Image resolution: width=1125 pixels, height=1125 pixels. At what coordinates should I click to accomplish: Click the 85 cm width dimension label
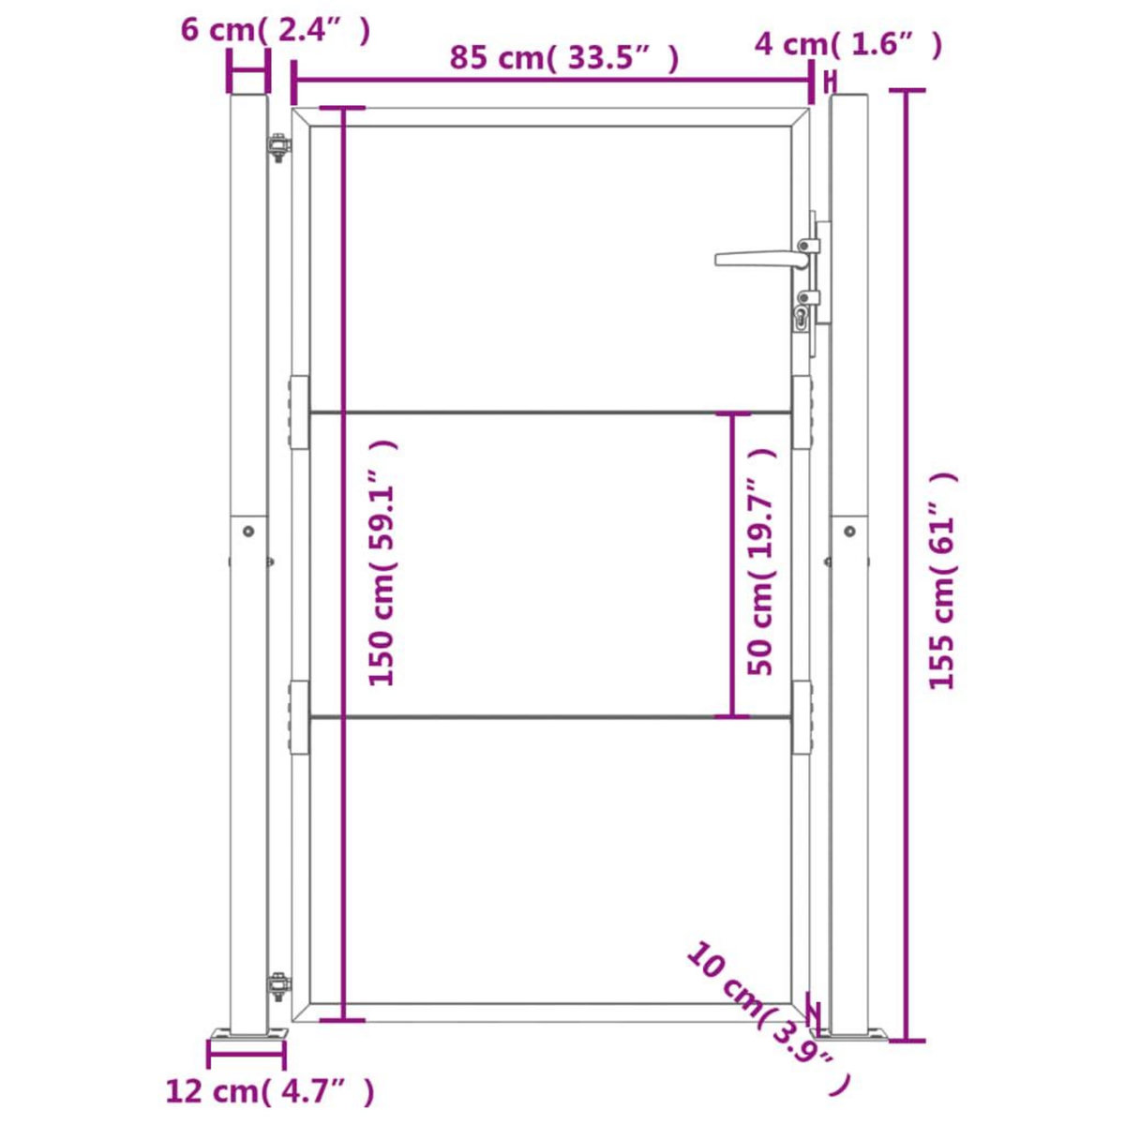coord(562,58)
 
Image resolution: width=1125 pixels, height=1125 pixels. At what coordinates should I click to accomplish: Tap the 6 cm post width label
coord(276,29)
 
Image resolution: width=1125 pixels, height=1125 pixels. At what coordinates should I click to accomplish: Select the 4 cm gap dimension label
coord(847,43)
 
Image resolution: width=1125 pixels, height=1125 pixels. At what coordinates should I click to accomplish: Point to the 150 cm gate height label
coord(384,562)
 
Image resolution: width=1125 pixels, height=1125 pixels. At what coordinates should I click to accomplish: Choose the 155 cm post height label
coord(942,581)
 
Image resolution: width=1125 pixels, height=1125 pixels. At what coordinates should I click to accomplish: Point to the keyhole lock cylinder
coord(802,318)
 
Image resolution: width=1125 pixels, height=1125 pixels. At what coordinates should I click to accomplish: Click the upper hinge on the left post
coord(277,148)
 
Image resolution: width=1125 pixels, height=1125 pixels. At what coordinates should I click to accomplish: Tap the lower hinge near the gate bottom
coord(277,986)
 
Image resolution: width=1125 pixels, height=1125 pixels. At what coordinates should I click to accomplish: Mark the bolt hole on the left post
coord(248,531)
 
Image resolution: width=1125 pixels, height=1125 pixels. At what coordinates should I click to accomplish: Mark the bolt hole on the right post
coord(849,531)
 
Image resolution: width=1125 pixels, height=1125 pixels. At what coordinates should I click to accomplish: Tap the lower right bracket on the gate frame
coord(802,718)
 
